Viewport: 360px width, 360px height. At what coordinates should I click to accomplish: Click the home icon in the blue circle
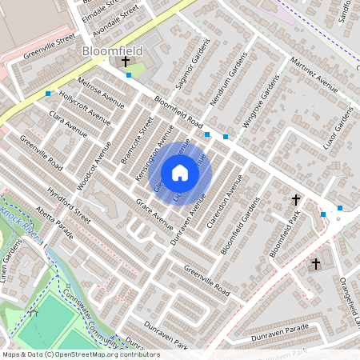pos(180,173)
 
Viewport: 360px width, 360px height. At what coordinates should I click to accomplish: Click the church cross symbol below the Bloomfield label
pos(125,62)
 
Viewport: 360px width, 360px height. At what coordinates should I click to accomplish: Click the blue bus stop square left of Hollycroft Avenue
pos(48,94)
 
